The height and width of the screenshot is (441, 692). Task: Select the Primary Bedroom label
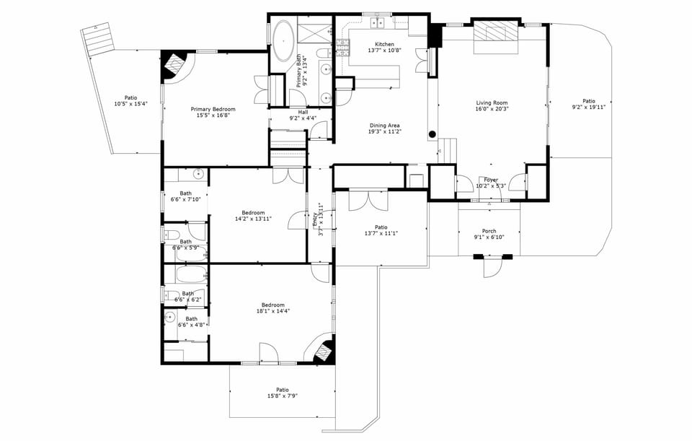210,110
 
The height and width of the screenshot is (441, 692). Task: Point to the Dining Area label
384,126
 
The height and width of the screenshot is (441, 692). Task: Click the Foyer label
491,180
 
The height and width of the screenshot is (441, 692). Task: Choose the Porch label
489,231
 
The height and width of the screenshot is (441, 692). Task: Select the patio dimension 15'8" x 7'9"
282,396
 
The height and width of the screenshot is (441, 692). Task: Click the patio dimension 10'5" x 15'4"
130,104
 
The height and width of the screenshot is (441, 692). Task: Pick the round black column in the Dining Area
432,134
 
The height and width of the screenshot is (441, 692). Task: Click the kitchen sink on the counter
377,24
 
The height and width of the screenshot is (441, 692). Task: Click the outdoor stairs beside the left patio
98,38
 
